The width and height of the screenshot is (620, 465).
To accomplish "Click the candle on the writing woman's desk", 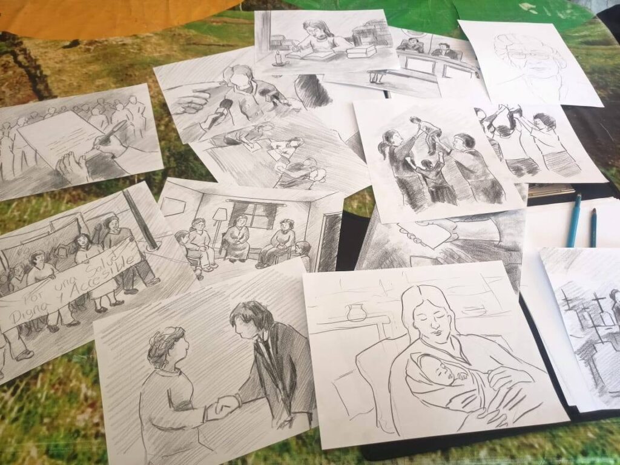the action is [x=279, y=58].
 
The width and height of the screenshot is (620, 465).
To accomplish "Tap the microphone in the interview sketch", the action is [x=219, y=113].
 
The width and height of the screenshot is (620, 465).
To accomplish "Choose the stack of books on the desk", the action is [x=360, y=52].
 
